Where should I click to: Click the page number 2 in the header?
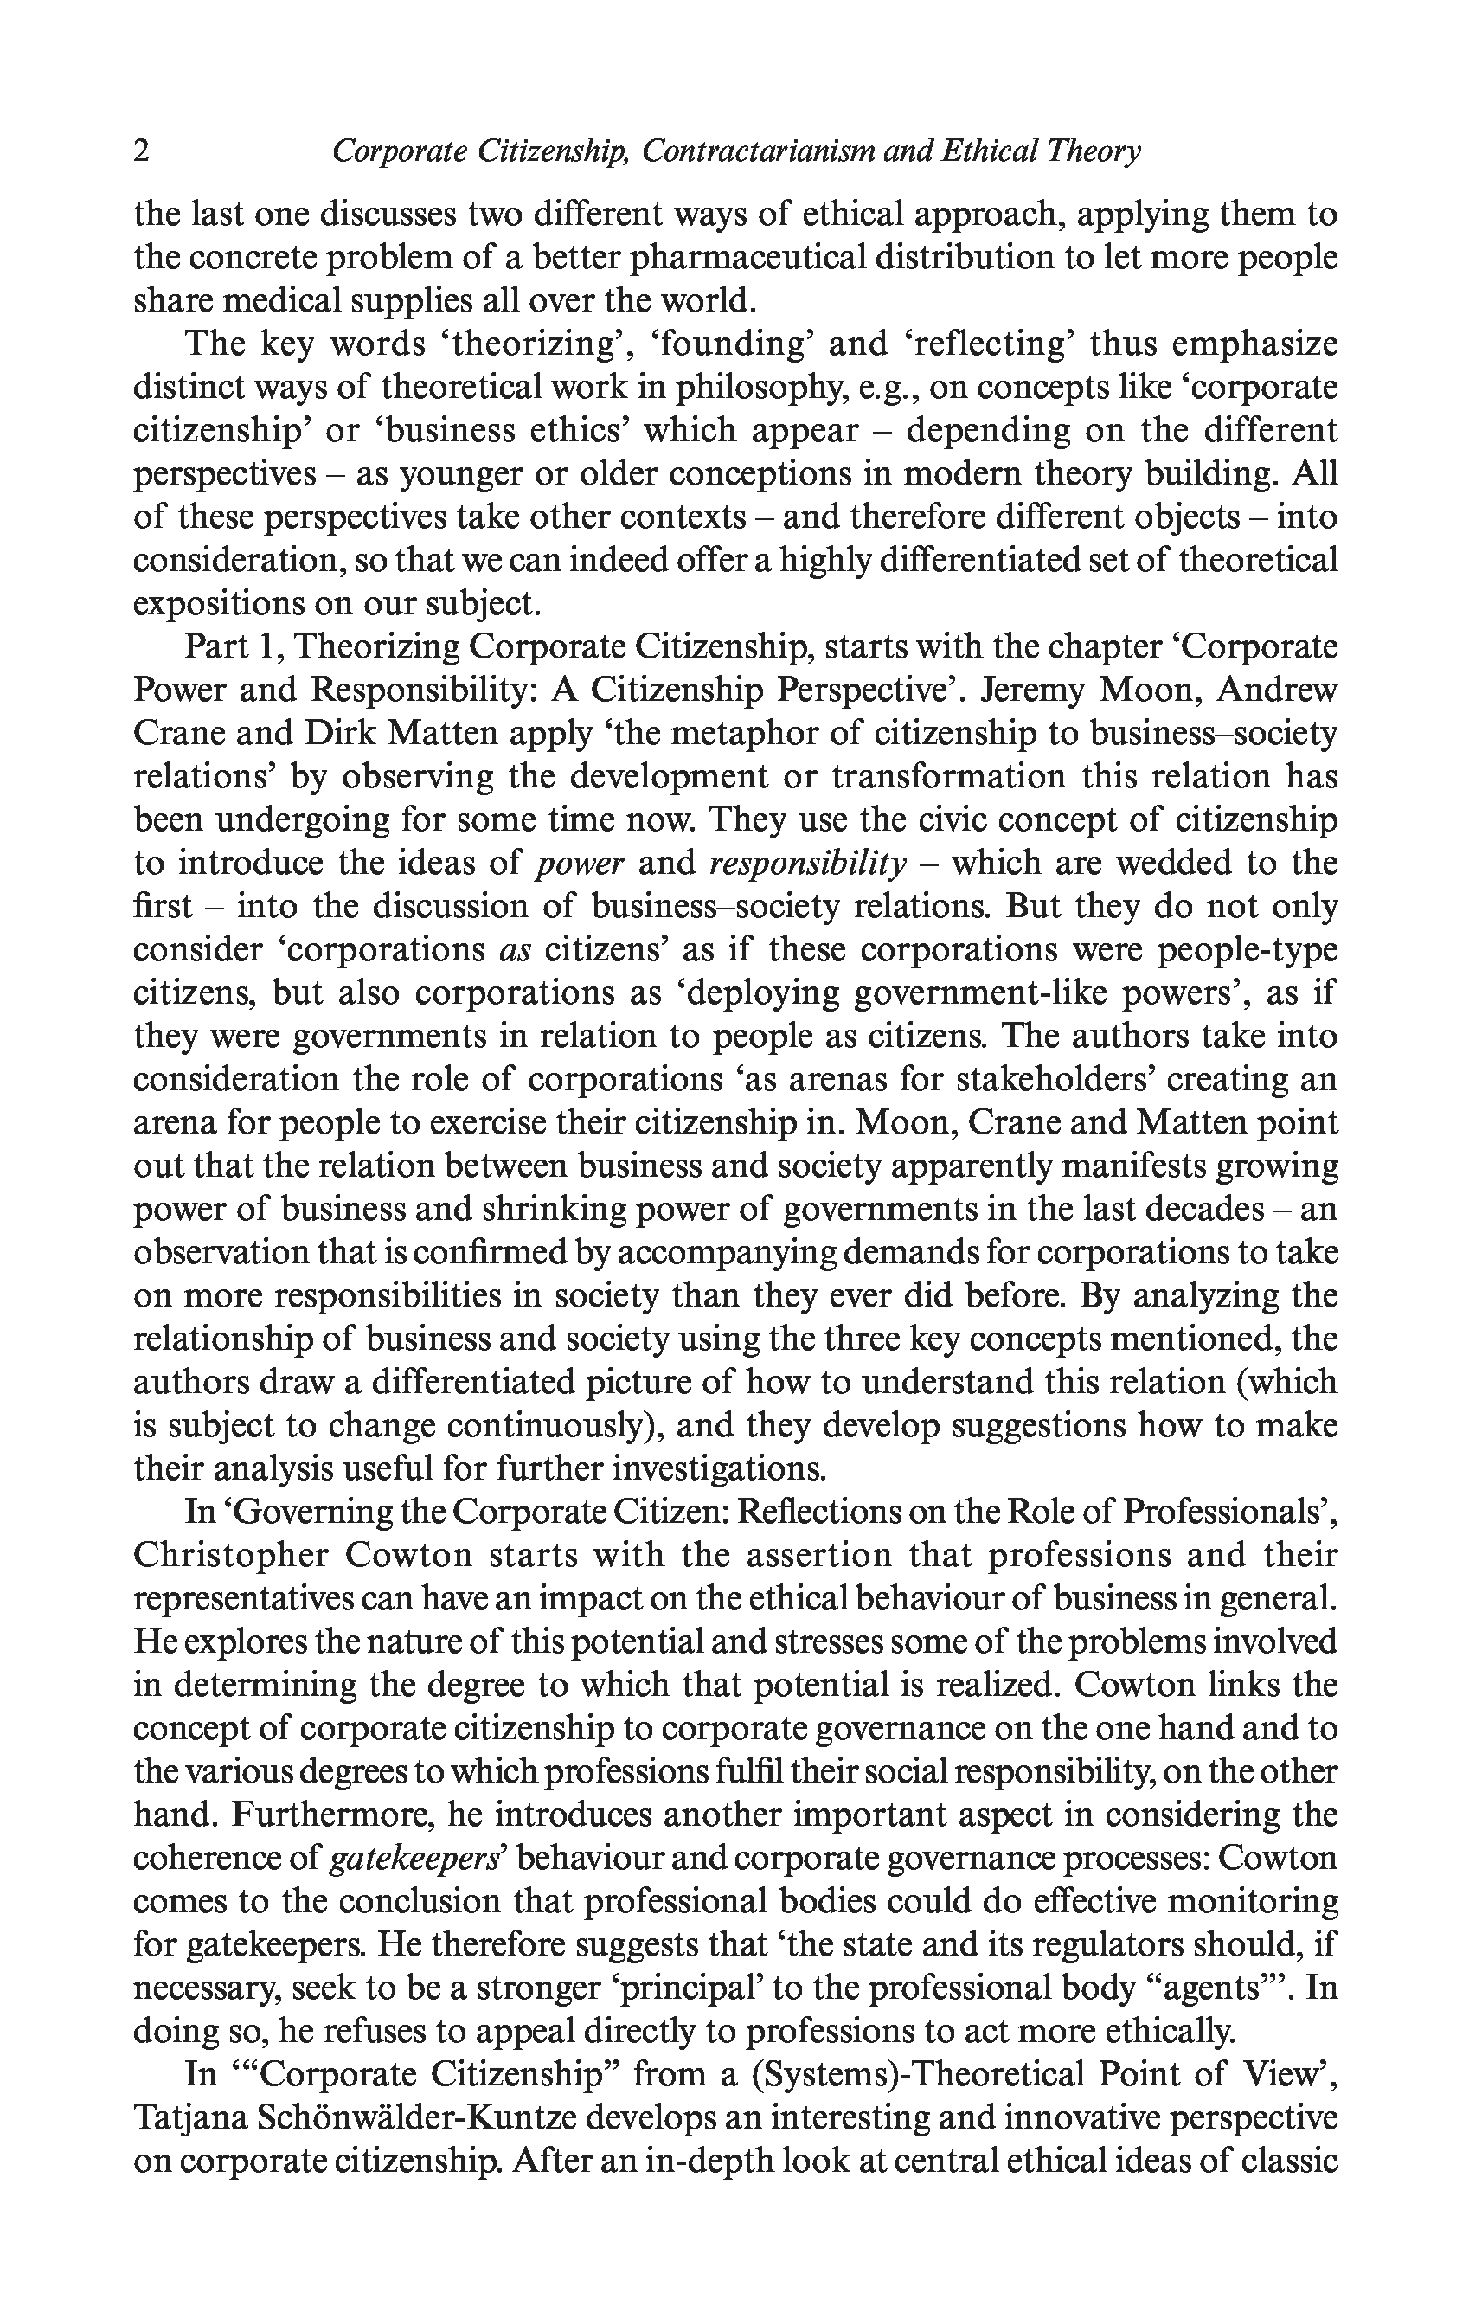tap(142, 151)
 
